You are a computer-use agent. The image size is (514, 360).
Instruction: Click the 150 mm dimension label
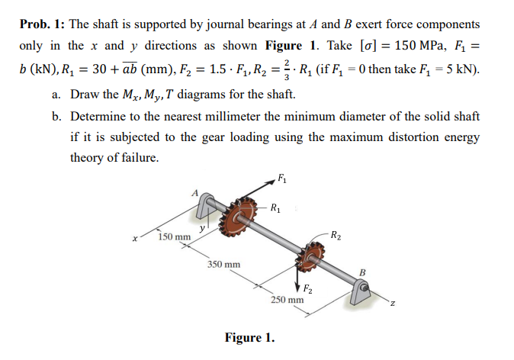pos(175,237)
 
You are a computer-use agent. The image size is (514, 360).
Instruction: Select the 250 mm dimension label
pos(287,299)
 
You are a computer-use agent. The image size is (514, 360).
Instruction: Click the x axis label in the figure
pos(135,239)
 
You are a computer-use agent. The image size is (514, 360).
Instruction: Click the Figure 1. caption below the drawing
pos(249,338)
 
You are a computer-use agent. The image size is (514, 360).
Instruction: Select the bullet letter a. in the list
pos(56,95)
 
